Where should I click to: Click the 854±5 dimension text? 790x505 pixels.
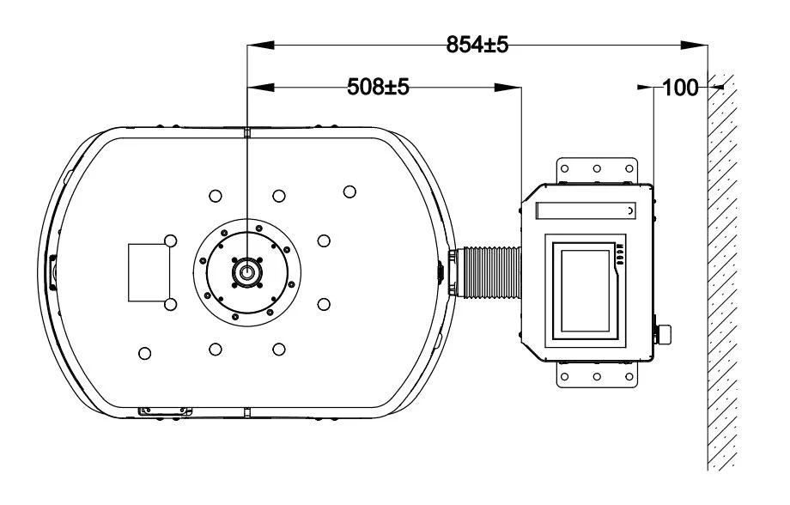pos(477,45)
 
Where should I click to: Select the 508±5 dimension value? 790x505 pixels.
pos(379,87)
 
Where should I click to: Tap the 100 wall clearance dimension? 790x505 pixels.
pos(681,88)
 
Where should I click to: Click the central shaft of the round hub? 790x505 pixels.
pos(246,272)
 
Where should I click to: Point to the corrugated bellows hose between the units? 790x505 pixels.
pos(492,272)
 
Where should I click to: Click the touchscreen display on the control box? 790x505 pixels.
pos(586,291)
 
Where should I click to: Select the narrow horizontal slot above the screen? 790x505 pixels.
pos(586,210)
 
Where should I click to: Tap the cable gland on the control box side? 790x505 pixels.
pos(663,333)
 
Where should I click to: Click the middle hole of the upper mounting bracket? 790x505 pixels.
pos(597,168)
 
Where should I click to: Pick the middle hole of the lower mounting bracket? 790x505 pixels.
pos(597,376)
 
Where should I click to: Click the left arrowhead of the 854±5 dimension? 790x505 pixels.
pos(260,46)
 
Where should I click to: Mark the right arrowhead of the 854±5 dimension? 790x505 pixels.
pos(695,46)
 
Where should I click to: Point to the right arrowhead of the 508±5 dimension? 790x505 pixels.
pos(507,88)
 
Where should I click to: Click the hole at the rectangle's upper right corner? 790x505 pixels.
pos(171,241)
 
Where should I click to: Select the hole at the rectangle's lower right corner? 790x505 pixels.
pos(171,304)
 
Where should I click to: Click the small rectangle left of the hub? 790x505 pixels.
pos(149,272)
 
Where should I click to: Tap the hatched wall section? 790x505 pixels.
pos(722,272)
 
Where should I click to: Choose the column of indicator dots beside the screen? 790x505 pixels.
pos(621,254)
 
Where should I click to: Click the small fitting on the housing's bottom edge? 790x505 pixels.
pos(165,411)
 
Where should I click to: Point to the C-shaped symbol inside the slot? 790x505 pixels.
pos(631,210)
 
